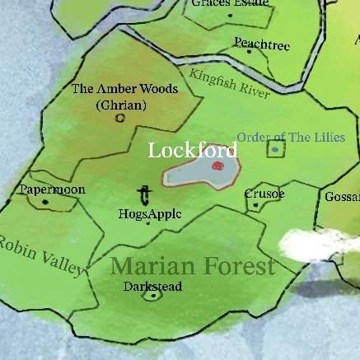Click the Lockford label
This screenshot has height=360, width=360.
point(192,150)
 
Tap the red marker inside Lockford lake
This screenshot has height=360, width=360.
point(217,166)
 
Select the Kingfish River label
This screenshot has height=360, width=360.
point(229,85)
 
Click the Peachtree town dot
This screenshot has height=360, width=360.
point(250,52)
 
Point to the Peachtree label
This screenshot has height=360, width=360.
point(261,44)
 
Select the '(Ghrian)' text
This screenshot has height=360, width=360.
point(119,105)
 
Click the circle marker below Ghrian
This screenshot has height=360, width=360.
point(120,118)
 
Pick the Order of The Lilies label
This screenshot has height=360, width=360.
point(290,137)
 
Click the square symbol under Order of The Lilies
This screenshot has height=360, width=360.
point(274,149)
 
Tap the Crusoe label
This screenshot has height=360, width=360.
point(264,194)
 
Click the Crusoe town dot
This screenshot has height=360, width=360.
point(255,205)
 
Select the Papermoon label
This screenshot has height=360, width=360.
point(52,189)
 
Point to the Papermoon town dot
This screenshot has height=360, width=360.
point(46,201)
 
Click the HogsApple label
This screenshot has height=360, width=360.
point(150,214)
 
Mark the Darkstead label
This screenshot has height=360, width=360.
point(152,286)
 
